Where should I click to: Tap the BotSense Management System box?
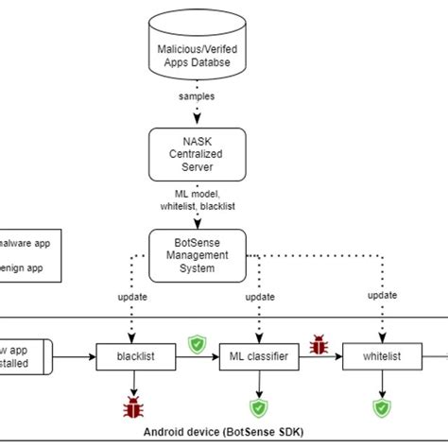(198, 255)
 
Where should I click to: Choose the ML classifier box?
(257, 357)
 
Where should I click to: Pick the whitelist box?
(381, 357)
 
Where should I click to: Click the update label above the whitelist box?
(382, 295)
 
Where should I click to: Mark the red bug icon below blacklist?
(132, 407)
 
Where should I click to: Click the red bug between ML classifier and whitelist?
(319, 346)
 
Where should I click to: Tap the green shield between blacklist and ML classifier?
(197, 344)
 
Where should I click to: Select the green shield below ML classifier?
(257, 407)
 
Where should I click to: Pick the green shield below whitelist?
(381, 407)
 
